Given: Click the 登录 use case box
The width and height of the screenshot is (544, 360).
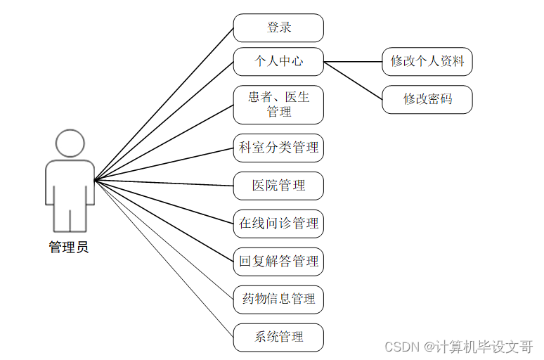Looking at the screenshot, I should coord(278,28).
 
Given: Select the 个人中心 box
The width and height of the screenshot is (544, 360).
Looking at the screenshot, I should coord(278,62).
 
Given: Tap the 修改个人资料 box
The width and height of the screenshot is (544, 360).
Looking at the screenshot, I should coord(427,62).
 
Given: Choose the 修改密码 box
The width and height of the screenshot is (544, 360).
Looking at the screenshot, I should coord(427,99).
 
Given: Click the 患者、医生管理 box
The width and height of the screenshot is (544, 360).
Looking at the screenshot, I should coord(278,105).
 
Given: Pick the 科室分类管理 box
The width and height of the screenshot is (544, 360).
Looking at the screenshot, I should coord(278,148).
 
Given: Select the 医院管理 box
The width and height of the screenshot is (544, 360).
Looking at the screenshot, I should coord(278,186).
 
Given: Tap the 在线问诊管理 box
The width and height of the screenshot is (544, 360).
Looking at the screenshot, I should coord(278,224).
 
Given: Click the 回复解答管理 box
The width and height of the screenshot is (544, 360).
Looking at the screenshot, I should coord(278,262).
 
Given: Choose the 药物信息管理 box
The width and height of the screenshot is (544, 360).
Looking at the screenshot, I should coord(278,300).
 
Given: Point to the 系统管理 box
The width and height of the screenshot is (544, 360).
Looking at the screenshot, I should coord(278,337).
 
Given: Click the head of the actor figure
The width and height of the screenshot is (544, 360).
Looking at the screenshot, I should coord(70,144).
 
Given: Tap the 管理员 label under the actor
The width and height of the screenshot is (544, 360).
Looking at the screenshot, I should coord(69,247).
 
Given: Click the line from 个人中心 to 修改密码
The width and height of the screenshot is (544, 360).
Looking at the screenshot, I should coord(353,80).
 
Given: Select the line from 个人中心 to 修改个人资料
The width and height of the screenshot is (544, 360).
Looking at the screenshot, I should coord(353,62).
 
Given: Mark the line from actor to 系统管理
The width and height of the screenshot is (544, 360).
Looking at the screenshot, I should coord(164,259).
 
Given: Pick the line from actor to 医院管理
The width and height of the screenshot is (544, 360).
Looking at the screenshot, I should coord(164,183).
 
